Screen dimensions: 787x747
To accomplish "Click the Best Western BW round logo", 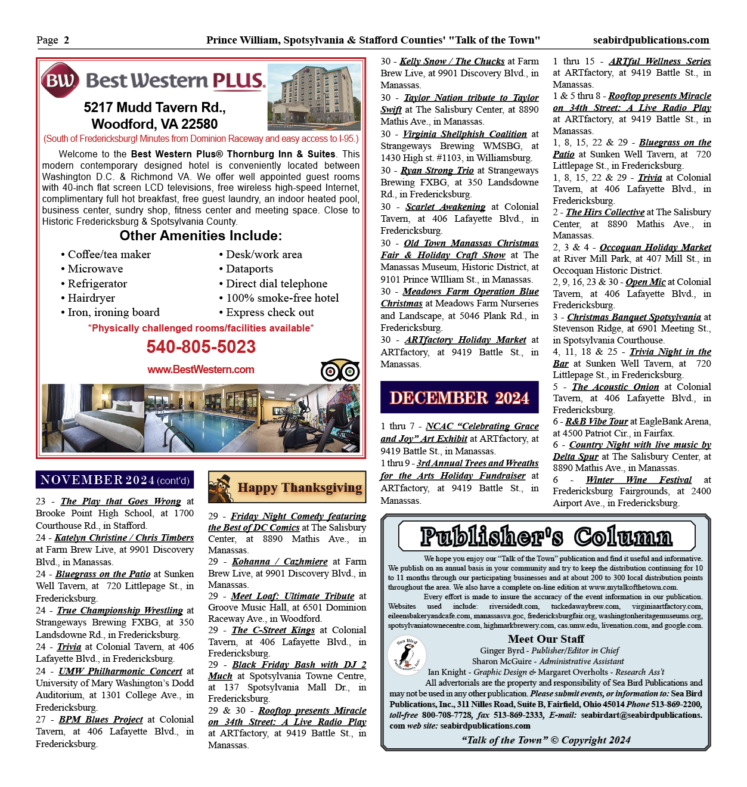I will coord(60,80).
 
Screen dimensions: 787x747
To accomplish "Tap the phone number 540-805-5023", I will coord(201,346).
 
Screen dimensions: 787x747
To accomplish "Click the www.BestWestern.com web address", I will coord(201,370).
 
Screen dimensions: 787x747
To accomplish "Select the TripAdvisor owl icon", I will coord(340,371).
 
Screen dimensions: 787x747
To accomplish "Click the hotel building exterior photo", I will coord(314,97).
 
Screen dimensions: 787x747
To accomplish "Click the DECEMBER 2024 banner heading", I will coord(459,398).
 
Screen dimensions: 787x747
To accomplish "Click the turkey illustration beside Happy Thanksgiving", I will coord(221,488).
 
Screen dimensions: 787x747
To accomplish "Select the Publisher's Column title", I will coord(546,537).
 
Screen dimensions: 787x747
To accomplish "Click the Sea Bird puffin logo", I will coord(408,655).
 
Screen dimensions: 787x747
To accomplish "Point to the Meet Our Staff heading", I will coord(545,639).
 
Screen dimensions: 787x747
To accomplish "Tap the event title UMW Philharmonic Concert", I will coord(120,671).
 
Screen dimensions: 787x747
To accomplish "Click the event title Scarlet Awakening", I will coord(445,207).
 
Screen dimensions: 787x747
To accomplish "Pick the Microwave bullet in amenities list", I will coord(95,269).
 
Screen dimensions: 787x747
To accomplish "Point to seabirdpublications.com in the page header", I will coord(651,40).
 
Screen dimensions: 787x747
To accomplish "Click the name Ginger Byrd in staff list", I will coord(502,650).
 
